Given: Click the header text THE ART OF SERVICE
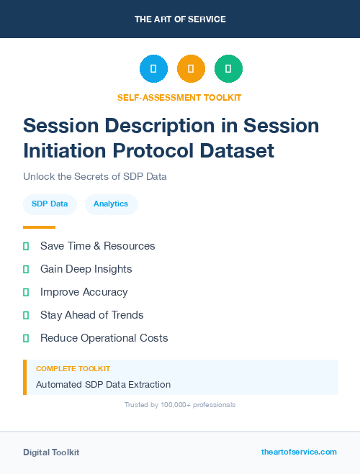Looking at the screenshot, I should (x=180, y=19).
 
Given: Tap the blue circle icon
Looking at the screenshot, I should (x=153, y=69).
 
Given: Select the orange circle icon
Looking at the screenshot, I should (x=191, y=69).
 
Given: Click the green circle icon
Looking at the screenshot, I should (x=228, y=69).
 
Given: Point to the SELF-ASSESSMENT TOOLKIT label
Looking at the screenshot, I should (x=179, y=97).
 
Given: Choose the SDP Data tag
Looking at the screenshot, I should (x=50, y=204).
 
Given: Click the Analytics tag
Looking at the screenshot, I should (x=111, y=204).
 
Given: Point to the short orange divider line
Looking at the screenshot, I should (x=39, y=227).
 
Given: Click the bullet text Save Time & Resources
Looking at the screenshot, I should (x=97, y=246).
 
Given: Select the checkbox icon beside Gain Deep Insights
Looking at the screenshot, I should (x=26, y=269).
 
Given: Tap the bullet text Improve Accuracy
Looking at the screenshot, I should (x=84, y=292).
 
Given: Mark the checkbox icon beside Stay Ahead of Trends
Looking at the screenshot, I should (x=26, y=315).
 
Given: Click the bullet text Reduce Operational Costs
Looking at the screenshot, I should (x=104, y=338).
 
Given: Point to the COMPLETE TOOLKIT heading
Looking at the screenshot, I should (x=73, y=368).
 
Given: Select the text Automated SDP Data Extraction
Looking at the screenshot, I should (x=103, y=385).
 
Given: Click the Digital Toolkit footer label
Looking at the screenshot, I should (x=51, y=452).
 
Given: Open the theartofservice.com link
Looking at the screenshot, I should (x=299, y=452).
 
